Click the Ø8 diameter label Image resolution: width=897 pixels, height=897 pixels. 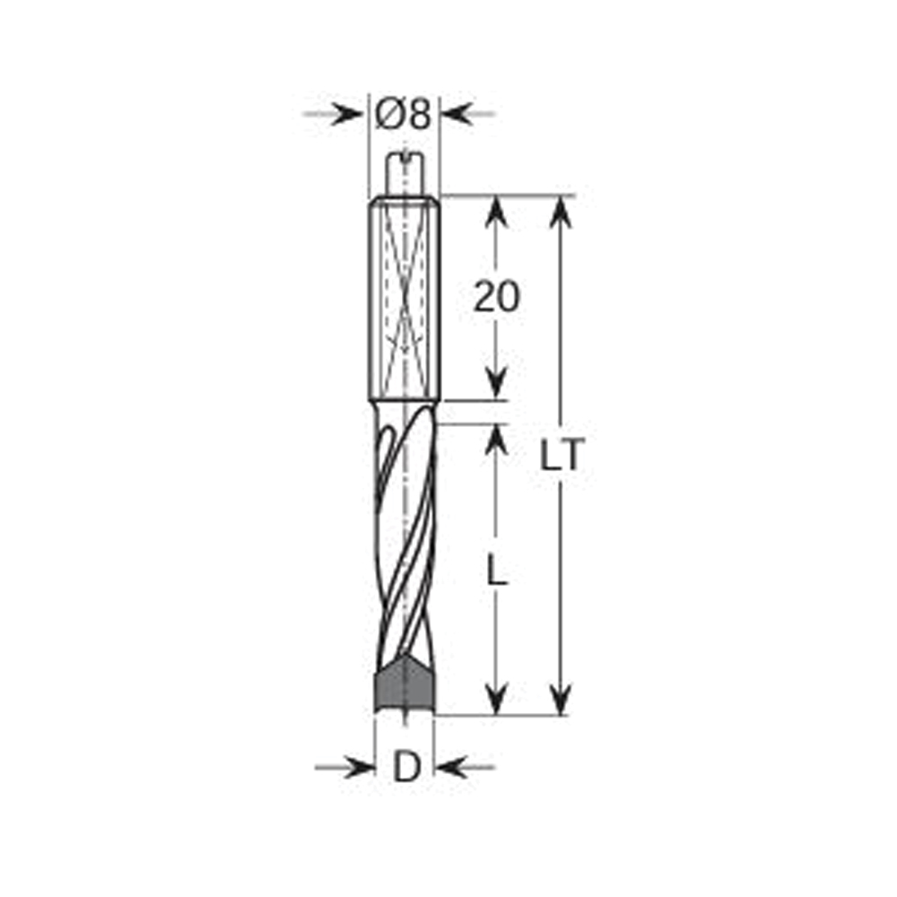(x=405, y=115)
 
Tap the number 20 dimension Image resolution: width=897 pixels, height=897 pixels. (x=496, y=297)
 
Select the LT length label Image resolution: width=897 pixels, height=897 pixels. (x=562, y=457)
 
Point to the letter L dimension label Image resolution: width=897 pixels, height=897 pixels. (x=497, y=570)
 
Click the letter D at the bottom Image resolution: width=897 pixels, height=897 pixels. (x=406, y=768)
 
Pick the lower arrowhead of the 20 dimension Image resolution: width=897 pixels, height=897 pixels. (x=496, y=386)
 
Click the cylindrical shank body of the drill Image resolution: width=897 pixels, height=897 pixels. (x=405, y=296)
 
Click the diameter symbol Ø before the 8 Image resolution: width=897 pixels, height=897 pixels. (x=388, y=115)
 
